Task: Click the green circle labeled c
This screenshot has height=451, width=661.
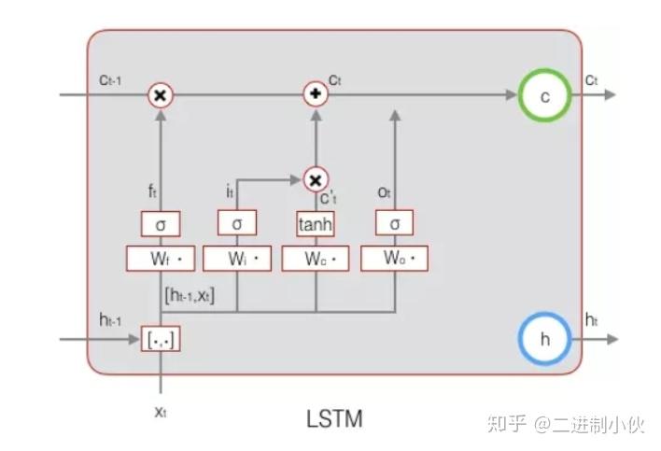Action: pos(545,95)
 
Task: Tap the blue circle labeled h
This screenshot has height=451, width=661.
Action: pos(544,339)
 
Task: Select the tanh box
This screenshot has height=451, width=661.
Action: pos(316,224)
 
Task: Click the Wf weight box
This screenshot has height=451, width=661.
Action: pos(161,258)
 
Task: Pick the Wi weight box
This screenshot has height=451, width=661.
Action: pos(237,258)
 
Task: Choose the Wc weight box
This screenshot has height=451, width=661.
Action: pos(316,258)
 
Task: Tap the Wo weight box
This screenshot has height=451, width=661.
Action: pos(394,258)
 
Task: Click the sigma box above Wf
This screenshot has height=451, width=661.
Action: pos(161,224)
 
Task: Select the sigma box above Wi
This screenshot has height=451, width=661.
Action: pos(237,224)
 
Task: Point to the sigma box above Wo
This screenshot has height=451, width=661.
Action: pos(394,224)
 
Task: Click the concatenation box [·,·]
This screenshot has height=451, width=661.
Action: pos(161,339)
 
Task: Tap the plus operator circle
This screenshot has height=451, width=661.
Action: pos(316,94)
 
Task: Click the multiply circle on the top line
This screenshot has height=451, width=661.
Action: pos(161,94)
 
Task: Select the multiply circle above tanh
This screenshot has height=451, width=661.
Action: pos(316,178)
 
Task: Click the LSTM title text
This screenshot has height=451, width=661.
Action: pos(333,417)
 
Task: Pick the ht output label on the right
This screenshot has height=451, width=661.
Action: pos(592,319)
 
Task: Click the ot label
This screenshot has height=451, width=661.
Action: pos(385,193)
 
